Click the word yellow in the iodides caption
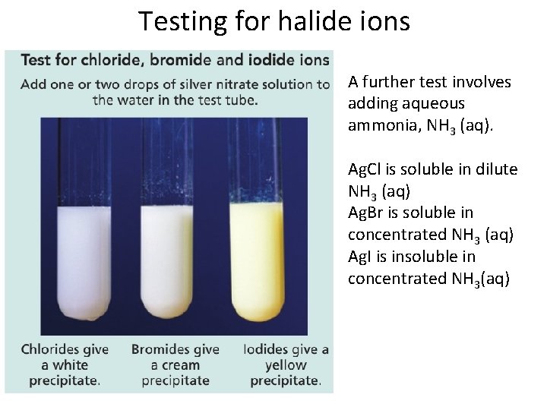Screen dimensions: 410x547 pos(286,365)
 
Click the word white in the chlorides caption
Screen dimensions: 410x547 pos(70,365)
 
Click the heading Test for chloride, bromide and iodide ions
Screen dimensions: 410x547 pos(175,60)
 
